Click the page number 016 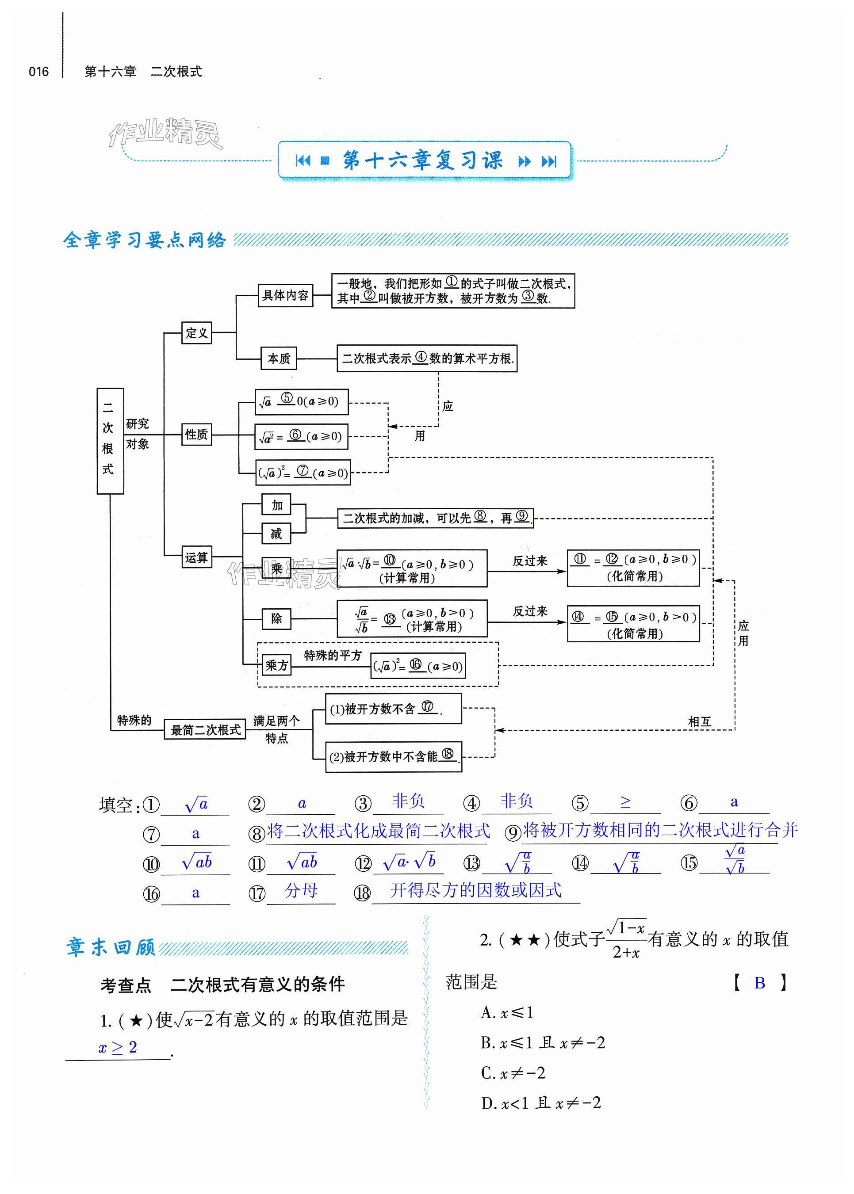[x=38, y=72]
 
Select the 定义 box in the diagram [x=197, y=333]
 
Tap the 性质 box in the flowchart [x=197, y=435]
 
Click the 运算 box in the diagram [x=197, y=557]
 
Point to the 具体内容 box [x=286, y=295]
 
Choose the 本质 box [x=279, y=359]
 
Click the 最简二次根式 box [x=205, y=729]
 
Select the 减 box [x=276, y=534]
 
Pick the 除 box [x=276, y=618]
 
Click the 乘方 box [x=276, y=665]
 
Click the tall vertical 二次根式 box [x=110, y=440]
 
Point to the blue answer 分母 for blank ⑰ [x=301, y=890]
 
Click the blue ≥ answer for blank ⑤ [x=625, y=802]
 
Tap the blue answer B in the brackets [x=759, y=983]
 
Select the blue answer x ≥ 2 [x=118, y=1047]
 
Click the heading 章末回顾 [x=111, y=947]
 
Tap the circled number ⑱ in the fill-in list [x=362, y=893]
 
